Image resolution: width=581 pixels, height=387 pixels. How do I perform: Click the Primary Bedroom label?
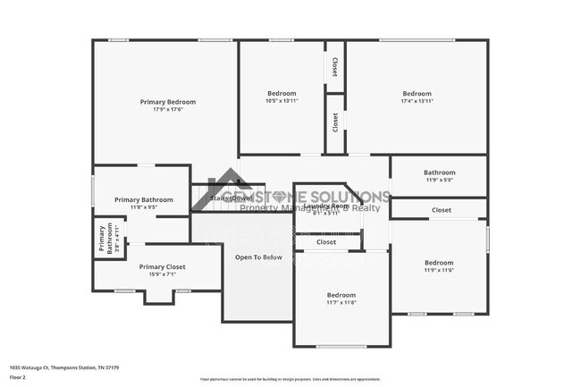click(167, 102)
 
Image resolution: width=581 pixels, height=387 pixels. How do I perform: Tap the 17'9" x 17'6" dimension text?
click(167, 110)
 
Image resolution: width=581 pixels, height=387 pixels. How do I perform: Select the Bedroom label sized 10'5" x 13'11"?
click(282, 93)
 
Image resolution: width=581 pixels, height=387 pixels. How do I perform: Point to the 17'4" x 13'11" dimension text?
click(417, 101)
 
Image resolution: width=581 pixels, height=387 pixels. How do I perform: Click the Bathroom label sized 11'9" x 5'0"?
click(439, 172)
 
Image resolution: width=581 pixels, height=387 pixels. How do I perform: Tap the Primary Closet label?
click(162, 266)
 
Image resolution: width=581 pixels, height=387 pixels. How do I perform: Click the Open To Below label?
click(258, 257)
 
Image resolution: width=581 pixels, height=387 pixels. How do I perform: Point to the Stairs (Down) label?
click(232, 198)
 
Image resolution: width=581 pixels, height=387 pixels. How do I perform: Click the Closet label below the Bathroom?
click(441, 210)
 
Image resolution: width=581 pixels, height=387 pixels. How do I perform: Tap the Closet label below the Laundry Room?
click(325, 241)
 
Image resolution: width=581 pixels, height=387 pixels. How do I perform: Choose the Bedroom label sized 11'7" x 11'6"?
click(341, 295)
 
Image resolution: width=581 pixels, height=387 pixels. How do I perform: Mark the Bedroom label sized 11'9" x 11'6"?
click(439, 263)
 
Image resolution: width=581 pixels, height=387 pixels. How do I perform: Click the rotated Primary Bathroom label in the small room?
click(102, 240)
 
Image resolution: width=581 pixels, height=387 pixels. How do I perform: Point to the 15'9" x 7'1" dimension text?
click(162, 274)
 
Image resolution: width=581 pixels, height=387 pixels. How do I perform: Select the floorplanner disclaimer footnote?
click(295, 379)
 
